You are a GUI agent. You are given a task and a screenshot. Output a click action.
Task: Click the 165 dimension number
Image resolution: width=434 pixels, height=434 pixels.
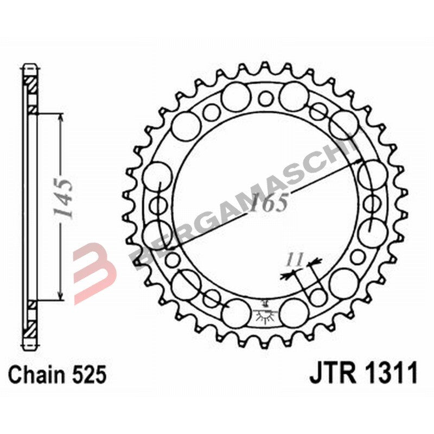269,203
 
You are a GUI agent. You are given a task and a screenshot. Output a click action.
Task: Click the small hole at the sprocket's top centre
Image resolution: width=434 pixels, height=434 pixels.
265,98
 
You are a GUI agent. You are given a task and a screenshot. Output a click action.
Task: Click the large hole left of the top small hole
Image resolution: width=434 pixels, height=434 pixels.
235,96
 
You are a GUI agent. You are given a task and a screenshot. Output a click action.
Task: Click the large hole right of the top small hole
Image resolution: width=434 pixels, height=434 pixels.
295,95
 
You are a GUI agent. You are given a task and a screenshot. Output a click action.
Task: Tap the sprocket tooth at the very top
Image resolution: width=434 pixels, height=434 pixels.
265,67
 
